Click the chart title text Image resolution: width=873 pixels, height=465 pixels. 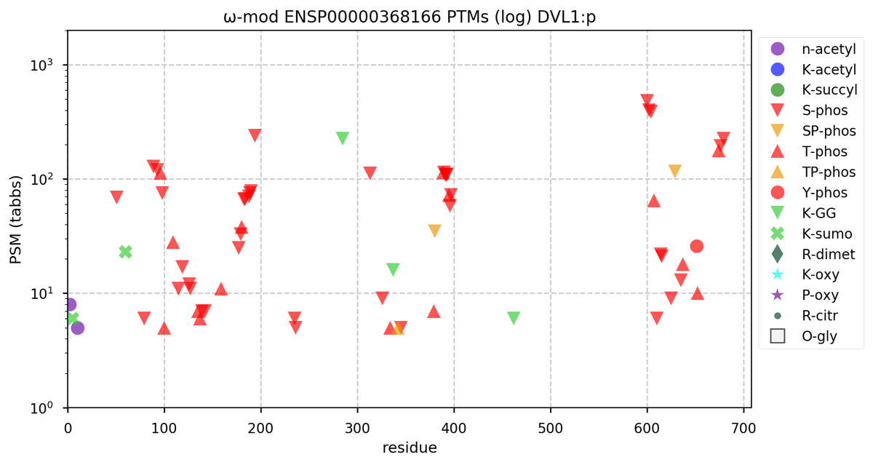[409, 15]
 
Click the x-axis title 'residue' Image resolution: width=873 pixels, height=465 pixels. [409, 448]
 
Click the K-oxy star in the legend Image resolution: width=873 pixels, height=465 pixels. [777, 274]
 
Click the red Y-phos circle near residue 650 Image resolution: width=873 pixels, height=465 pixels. [696, 246]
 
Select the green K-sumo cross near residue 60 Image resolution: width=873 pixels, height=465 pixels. [125, 252]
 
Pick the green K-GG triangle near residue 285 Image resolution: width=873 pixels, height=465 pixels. [343, 138]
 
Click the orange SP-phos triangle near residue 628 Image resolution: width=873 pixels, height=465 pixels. [674, 170]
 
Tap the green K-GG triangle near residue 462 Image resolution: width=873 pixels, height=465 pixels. [514, 318]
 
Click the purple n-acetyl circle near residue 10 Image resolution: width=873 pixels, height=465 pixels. [77, 328]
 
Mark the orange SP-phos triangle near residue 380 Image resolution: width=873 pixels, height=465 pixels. [434, 231]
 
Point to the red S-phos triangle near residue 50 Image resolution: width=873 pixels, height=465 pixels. [116, 196]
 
